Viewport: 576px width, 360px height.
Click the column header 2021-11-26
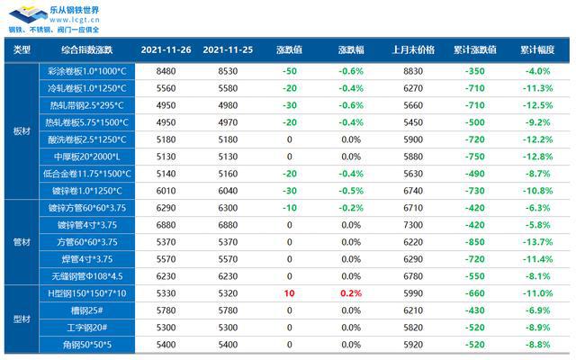pyautogui.click(x=166, y=49)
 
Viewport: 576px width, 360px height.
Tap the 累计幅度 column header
pyautogui.click(x=537, y=49)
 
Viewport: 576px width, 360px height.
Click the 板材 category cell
pyautogui.click(x=22, y=130)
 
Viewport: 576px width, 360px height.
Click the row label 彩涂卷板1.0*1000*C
pyautogui.click(x=86, y=70)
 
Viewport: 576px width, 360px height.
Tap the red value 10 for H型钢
pyautogui.click(x=289, y=292)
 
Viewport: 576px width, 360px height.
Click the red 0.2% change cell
pyautogui.click(x=351, y=292)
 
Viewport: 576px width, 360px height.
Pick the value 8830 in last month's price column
pyautogui.click(x=413, y=70)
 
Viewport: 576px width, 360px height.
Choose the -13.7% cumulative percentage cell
pyautogui.click(x=537, y=242)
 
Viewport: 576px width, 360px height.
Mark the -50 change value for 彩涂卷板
pyautogui.click(x=289, y=70)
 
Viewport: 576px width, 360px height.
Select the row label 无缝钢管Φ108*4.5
pyautogui.click(x=86, y=276)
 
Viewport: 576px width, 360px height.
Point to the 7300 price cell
pyautogui.click(x=413, y=225)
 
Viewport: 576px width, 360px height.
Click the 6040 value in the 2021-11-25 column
pyautogui.click(x=229, y=191)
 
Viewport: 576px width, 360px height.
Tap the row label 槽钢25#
pyautogui.click(x=86, y=310)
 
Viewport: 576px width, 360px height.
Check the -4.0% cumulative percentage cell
pyautogui.click(x=537, y=70)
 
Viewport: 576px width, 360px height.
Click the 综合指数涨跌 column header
pyautogui.click(x=86, y=49)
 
